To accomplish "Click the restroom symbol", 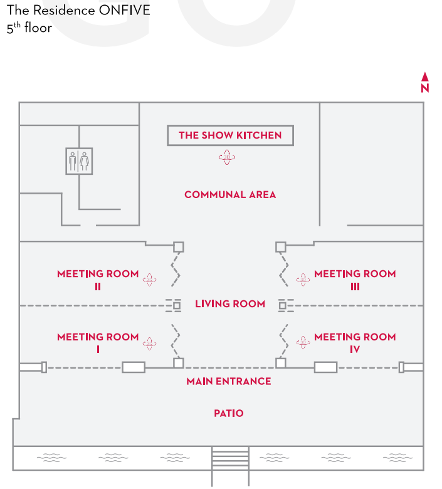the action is pyautogui.click(x=79, y=161).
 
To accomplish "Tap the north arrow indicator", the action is pyautogui.click(x=425, y=82).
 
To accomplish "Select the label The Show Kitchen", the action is pyautogui.click(x=230, y=135).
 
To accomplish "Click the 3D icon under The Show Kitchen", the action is pyautogui.click(x=227, y=157).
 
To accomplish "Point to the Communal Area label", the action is pyautogui.click(x=230, y=194).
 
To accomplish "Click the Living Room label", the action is pyautogui.click(x=230, y=304).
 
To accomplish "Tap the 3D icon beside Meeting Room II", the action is pyautogui.click(x=149, y=280).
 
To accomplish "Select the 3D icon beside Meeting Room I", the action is pyautogui.click(x=149, y=344).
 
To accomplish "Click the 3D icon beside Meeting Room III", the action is pyautogui.click(x=303, y=280).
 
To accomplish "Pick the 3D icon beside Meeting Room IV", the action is pyautogui.click(x=303, y=342).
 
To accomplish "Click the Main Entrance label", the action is pyautogui.click(x=229, y=381).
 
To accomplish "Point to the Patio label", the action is pyautogui.click(x=229, y=413).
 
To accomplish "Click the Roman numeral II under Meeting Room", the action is pyautogui.click(x=98, y=287).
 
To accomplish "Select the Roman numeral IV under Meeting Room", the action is pyautogui.click(x=355, y=349).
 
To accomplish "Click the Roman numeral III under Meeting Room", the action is pyautogui.click(x=355, y=287).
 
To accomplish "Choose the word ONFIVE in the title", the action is pyautogui.click(x=125, y=10).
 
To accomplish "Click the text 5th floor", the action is pyautogui.click(x=29, y=28).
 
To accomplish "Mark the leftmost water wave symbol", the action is pyautogui.click(x=52, y=458).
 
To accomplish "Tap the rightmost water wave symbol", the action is pyautogui.click(x=397, y=458).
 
